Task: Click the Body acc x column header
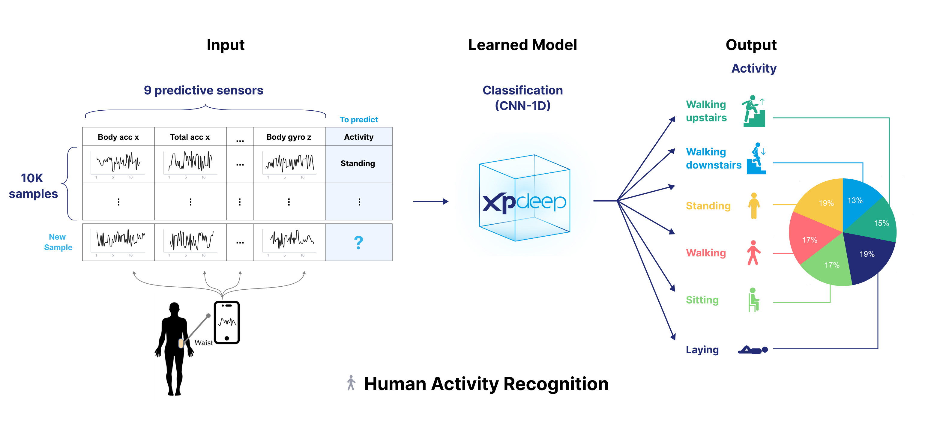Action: (x=118, y=137)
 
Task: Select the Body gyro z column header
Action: (x=289, y=137)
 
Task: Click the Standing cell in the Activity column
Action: (x=358, y=163)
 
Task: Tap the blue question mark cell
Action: (x=358, y=242)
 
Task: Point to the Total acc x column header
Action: (x=190, y=137)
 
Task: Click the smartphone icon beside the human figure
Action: (x=226, y=322)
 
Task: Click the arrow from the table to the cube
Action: (x=430, y=202)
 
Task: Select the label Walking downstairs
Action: (x=713, y=158)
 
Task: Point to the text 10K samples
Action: (x=33, y=186)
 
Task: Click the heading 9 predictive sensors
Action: (x=204, y=90)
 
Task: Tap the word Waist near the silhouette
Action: (x=204, y=342)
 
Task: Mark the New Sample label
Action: (x=58, y=242)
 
